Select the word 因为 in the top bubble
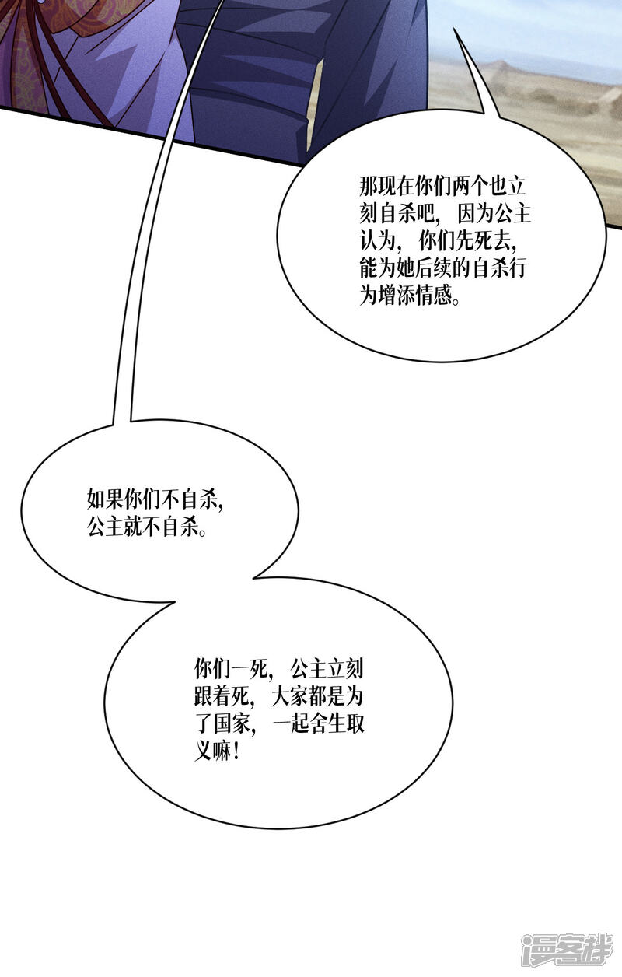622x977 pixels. (476, 215)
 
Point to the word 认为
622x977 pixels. (377, 242)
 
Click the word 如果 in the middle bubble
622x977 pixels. (105, 499)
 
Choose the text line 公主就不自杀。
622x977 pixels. (146, 527)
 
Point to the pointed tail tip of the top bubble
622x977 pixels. (454, 29)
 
